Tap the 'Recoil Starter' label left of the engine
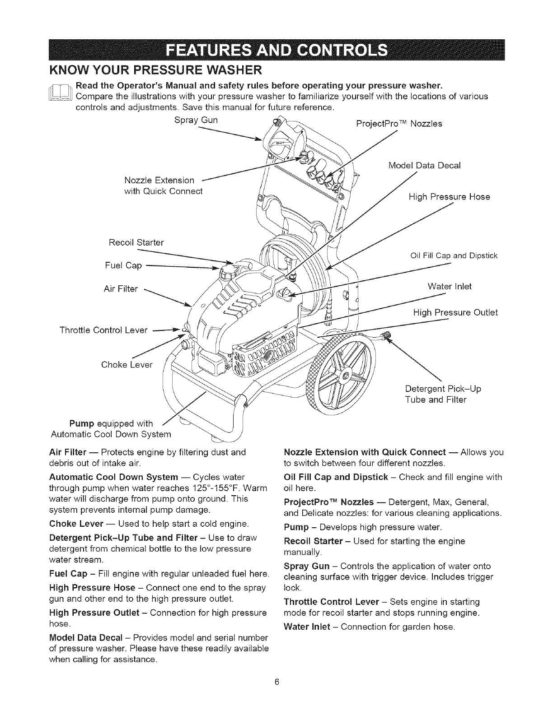pos(136,242)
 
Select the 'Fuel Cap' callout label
pos(127,265)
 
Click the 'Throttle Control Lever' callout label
pos(103,330)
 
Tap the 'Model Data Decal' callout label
pos(424,165)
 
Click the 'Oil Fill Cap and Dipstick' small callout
pos(454,255)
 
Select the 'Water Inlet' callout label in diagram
pos(449,287)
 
